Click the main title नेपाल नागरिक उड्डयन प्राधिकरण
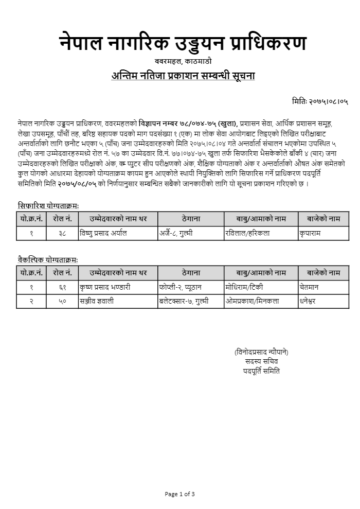click(x=183, y=44)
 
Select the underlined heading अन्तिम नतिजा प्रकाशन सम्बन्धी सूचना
click(x=183, y=76)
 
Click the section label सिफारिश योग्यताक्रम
click(x=48, y=205)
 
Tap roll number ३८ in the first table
click(x=62, y=233)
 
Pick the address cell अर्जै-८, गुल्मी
click(x=176, y=233)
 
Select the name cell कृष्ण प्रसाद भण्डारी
click(x=105, y=287)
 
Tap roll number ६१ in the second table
click(x=62, y=287)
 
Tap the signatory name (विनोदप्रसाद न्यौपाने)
click(x=261, y=352)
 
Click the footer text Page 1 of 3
click(x=180, y=494)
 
